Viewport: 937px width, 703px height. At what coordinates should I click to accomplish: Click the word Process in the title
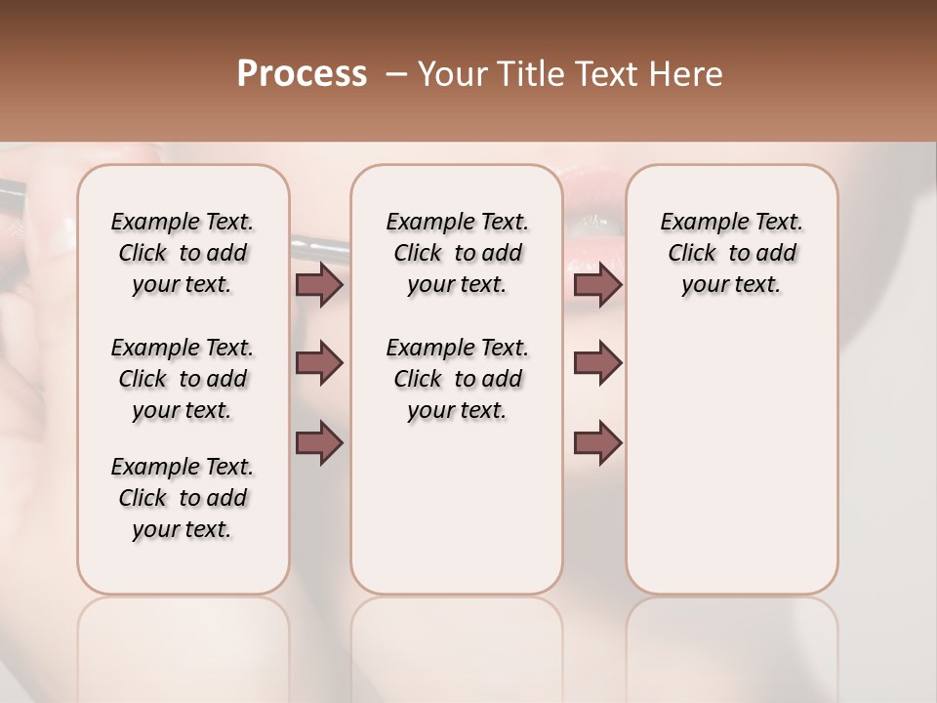tap(302, 74)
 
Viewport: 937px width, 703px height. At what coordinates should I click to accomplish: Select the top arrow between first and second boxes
tap(319, 285)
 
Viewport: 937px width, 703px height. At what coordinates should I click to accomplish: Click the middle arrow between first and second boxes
tap(319, 363)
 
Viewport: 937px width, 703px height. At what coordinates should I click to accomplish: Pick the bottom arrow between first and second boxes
tap(319, 443)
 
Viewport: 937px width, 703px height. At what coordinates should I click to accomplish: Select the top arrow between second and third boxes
tap(597, 285)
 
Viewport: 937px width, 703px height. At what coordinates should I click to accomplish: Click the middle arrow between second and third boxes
tap(597, 363)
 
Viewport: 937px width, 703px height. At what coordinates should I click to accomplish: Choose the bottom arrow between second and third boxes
tap(597, 443)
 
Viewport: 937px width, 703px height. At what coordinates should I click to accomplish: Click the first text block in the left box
tap(183, 253)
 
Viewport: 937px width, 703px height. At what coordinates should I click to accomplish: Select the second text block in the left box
tap(183, 379)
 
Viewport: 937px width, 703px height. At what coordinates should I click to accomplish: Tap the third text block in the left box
tap(183, 498)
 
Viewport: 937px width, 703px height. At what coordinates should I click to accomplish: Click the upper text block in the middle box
tap(457, 253)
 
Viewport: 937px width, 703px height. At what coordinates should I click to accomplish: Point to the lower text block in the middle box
tap(457, 379)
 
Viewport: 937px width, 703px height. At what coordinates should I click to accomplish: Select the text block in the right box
tap(731, 253)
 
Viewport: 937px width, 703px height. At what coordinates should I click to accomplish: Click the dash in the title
tap(395, 74)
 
